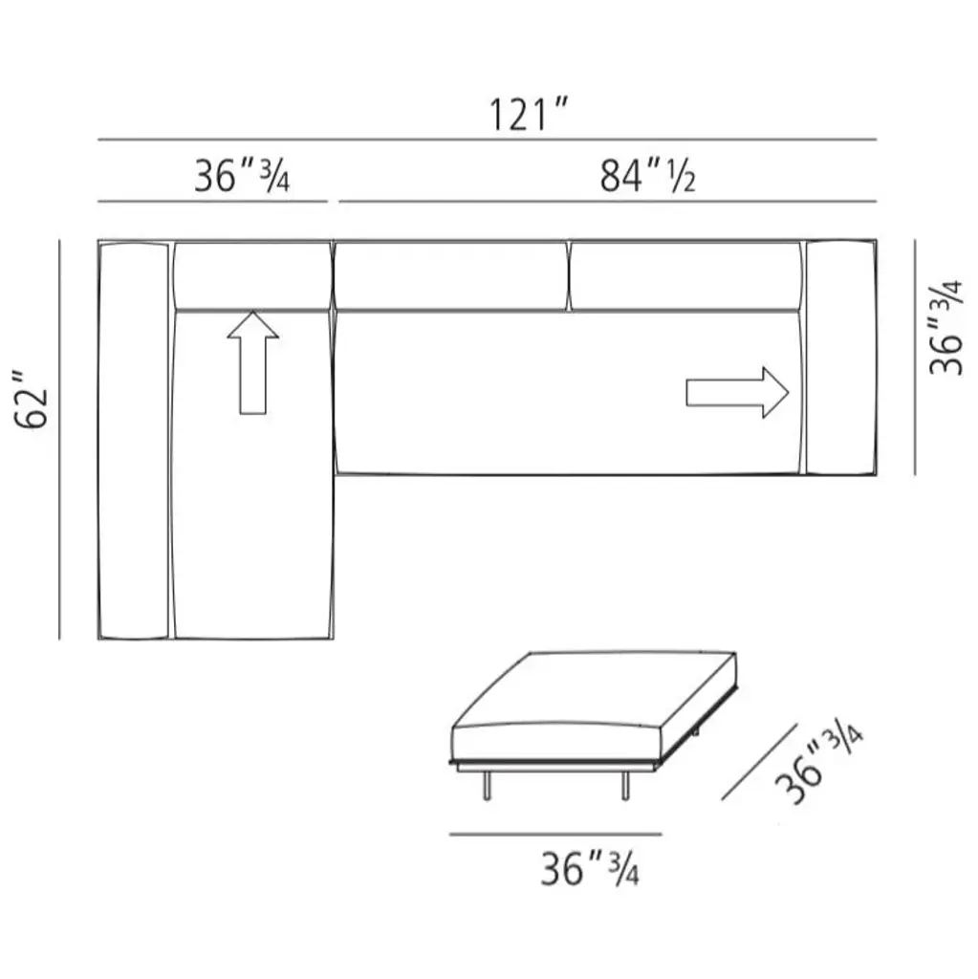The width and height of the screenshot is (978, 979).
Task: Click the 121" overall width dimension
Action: coord(529,115)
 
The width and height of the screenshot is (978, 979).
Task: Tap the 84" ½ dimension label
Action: coord(647,176)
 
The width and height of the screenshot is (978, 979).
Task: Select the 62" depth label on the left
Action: coord(32,401)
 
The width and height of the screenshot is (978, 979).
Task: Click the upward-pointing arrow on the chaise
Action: coord(253,362)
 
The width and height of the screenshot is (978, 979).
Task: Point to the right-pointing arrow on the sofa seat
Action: coord(737,393)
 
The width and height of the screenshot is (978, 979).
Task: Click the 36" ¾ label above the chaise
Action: coord(242,176)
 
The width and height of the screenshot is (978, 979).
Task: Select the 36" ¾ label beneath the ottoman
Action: coord(590,868)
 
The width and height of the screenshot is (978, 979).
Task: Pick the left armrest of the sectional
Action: coord(134,440)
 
